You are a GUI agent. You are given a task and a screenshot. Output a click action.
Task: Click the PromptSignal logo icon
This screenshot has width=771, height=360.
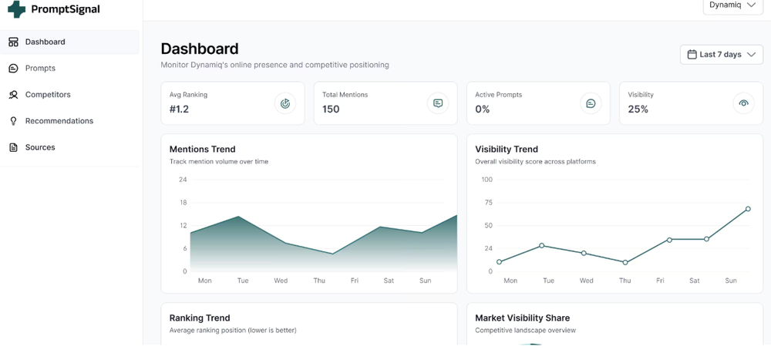16,9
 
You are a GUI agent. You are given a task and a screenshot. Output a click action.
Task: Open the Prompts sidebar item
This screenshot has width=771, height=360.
40,69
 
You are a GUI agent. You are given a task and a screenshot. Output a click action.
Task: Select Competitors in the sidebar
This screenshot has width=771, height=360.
47,95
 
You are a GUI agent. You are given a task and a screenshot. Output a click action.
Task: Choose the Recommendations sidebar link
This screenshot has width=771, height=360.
59,121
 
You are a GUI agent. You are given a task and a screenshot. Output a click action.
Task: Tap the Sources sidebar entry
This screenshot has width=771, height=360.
40,147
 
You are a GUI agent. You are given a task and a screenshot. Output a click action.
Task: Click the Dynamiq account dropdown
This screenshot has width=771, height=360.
732,5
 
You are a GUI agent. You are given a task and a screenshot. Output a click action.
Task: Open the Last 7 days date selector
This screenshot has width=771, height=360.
722,55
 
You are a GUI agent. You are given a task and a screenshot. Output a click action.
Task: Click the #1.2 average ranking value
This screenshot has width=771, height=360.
179,109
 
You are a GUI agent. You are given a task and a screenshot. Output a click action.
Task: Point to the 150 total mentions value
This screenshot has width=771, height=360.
331,109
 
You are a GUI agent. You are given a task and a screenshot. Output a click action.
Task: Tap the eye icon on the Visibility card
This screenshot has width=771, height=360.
743,103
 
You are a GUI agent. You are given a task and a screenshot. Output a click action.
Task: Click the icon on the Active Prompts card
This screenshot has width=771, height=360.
591,103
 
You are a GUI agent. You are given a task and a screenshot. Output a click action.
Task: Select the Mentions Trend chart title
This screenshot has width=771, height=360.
202,150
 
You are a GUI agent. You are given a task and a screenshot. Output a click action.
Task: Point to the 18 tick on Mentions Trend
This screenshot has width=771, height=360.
183,203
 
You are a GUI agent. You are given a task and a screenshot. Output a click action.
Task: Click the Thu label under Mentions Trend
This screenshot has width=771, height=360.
319,281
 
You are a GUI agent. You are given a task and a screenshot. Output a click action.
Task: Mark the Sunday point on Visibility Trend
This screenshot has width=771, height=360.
748,209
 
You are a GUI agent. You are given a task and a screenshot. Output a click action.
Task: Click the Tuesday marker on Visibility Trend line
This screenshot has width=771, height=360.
542,245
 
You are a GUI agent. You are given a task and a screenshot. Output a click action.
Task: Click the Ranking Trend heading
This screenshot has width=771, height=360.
200,318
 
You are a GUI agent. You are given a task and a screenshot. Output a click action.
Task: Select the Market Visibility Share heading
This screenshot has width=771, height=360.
522,318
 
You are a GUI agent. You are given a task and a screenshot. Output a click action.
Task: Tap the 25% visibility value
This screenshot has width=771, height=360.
638,109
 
